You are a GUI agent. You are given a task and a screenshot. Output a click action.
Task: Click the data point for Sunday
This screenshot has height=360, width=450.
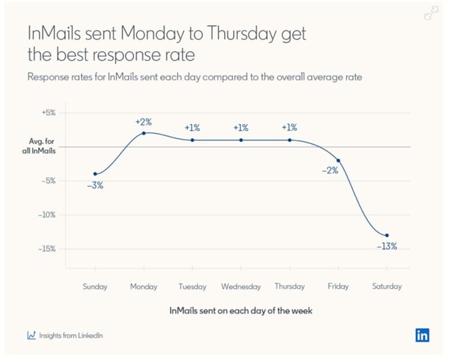click(x=95, y=174)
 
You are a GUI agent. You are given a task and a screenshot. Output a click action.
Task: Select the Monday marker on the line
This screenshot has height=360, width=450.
click(x=144, y=133)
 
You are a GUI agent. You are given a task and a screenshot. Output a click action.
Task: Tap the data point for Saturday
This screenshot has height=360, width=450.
click(x=387, y=235)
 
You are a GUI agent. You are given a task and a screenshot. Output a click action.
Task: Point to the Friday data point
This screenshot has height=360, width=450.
click(x=338, y=160)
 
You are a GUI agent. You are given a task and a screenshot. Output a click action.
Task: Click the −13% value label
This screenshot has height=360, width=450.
click(x=387, y=246)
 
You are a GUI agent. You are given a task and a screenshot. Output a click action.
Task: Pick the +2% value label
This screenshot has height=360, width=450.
click(x=144, y=122)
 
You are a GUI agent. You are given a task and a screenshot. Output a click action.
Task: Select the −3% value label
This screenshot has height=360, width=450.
click(x=95, y=185)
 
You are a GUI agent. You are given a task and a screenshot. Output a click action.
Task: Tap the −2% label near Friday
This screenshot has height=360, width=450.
click(x=330, y=171)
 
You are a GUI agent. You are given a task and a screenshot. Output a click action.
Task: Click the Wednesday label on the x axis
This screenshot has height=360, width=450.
click(x=241, y=287)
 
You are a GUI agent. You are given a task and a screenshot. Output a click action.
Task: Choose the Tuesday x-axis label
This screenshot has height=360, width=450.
click(x=192, y=287)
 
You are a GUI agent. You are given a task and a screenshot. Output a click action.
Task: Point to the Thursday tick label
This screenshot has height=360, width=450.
click(x=289, y=287)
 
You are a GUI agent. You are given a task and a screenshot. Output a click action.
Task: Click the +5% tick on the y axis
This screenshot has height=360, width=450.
click(x=46, y=112)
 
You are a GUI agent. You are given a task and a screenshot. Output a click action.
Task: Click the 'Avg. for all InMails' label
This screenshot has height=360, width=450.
click(x=38, y=146)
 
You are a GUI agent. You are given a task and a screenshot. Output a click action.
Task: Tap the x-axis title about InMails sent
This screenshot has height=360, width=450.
click(x=241, y=310)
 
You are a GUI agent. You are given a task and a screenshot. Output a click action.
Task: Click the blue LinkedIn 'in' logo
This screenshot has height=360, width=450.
click(x=422, y=335)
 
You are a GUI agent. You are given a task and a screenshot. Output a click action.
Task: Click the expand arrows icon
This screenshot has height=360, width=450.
click(x=431, y=13)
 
